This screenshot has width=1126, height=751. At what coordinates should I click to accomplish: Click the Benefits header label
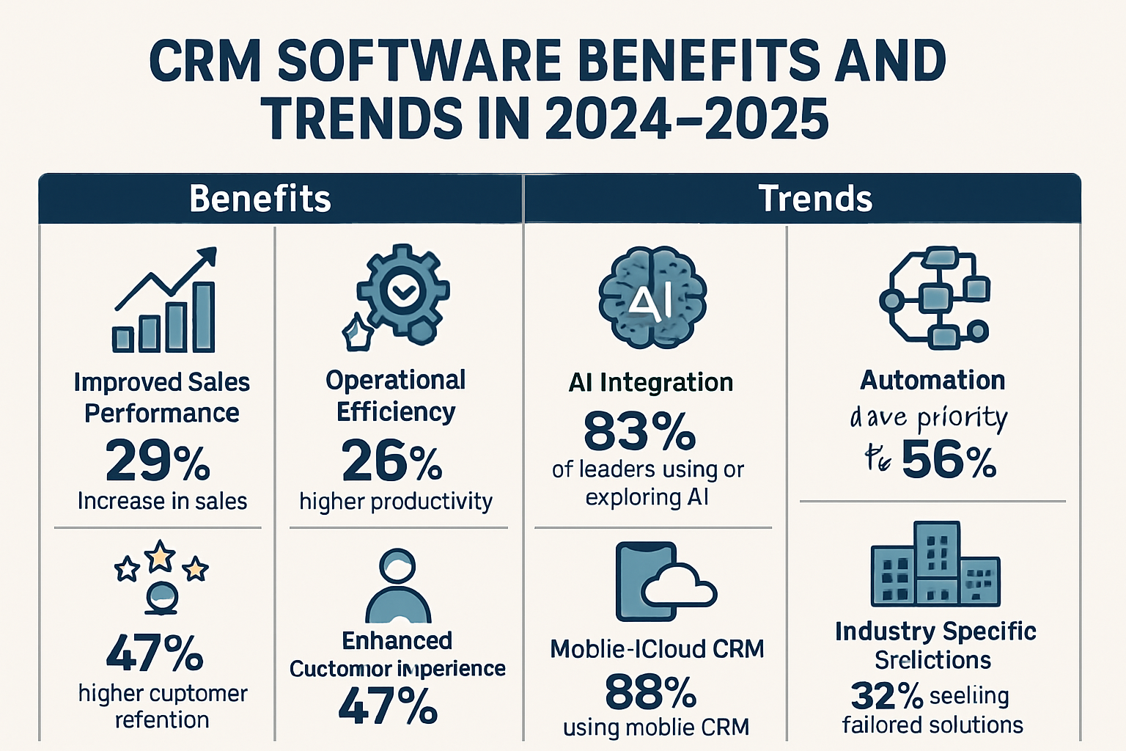260,199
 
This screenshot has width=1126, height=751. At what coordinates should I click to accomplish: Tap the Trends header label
815,199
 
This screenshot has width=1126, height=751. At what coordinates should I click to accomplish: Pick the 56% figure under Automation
949,461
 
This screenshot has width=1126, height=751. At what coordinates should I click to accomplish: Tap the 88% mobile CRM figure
650,692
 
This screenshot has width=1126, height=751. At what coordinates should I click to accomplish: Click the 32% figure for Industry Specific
886,695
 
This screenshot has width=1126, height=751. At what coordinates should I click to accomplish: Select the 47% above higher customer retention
155,653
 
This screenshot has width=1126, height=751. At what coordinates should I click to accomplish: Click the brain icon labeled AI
652,298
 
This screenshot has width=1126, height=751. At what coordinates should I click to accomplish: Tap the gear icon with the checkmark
402,293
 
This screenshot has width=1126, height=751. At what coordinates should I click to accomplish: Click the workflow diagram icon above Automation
935,298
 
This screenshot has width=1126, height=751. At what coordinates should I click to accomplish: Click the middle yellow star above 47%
161,556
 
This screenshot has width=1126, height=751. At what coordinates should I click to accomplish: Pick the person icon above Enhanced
398,587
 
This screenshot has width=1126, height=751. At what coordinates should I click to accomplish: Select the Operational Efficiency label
396,396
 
